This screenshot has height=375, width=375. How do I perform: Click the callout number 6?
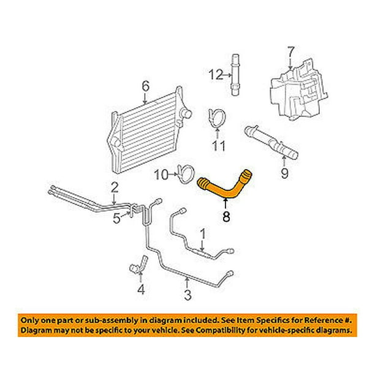(145, 86)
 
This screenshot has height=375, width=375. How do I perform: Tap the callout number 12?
(213, 75)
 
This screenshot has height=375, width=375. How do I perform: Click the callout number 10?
(162, 175)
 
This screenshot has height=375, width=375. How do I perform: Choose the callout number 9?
(284, 174)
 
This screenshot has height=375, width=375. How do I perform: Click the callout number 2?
(115, 186)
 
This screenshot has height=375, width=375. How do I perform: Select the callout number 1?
(203, 233)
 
